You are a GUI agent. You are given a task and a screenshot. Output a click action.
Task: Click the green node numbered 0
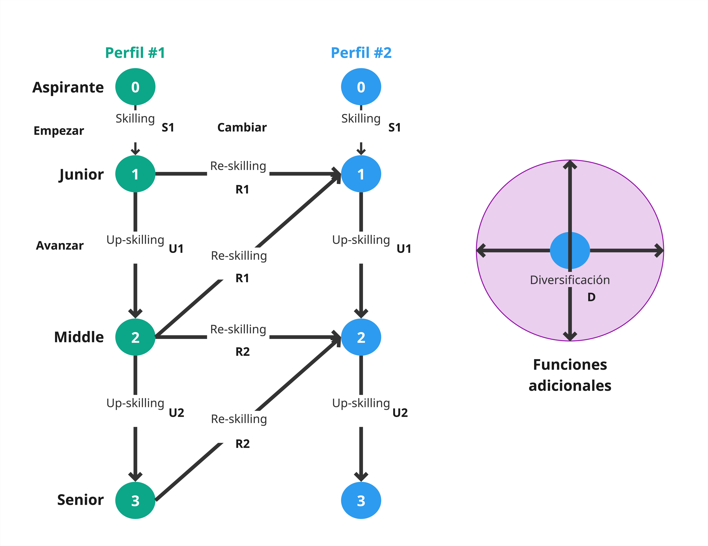pyautogui.click(x=135, y=87)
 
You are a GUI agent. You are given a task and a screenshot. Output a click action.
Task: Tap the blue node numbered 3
pyautogui.click(x=361, y=500)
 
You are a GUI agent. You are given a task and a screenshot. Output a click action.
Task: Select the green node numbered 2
pyautogui.click(x=135, y=337)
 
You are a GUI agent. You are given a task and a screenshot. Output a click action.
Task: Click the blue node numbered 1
pyautogui.click(x=361, y=174)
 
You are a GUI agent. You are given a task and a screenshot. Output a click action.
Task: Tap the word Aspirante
pyautogui.click(x=68, y=87)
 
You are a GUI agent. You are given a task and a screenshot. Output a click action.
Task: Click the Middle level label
pyautogui.click(x=79, y=337)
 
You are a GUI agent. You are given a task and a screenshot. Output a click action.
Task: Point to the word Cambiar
pyautogui.click(x=242, y=127)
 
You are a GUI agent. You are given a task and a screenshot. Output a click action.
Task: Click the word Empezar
pyautogui.click(x=59, y=131)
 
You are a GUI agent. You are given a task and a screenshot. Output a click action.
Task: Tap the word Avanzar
pyautogui.click(x=60, y=246)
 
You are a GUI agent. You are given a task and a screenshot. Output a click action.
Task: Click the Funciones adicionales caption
pyautogui.click(x=570, y=375)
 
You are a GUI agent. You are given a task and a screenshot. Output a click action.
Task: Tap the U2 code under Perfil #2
pyautogui.click(x=400, y=413)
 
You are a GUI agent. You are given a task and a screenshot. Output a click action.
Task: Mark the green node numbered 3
pyautogui.click(x=135, y=500)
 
